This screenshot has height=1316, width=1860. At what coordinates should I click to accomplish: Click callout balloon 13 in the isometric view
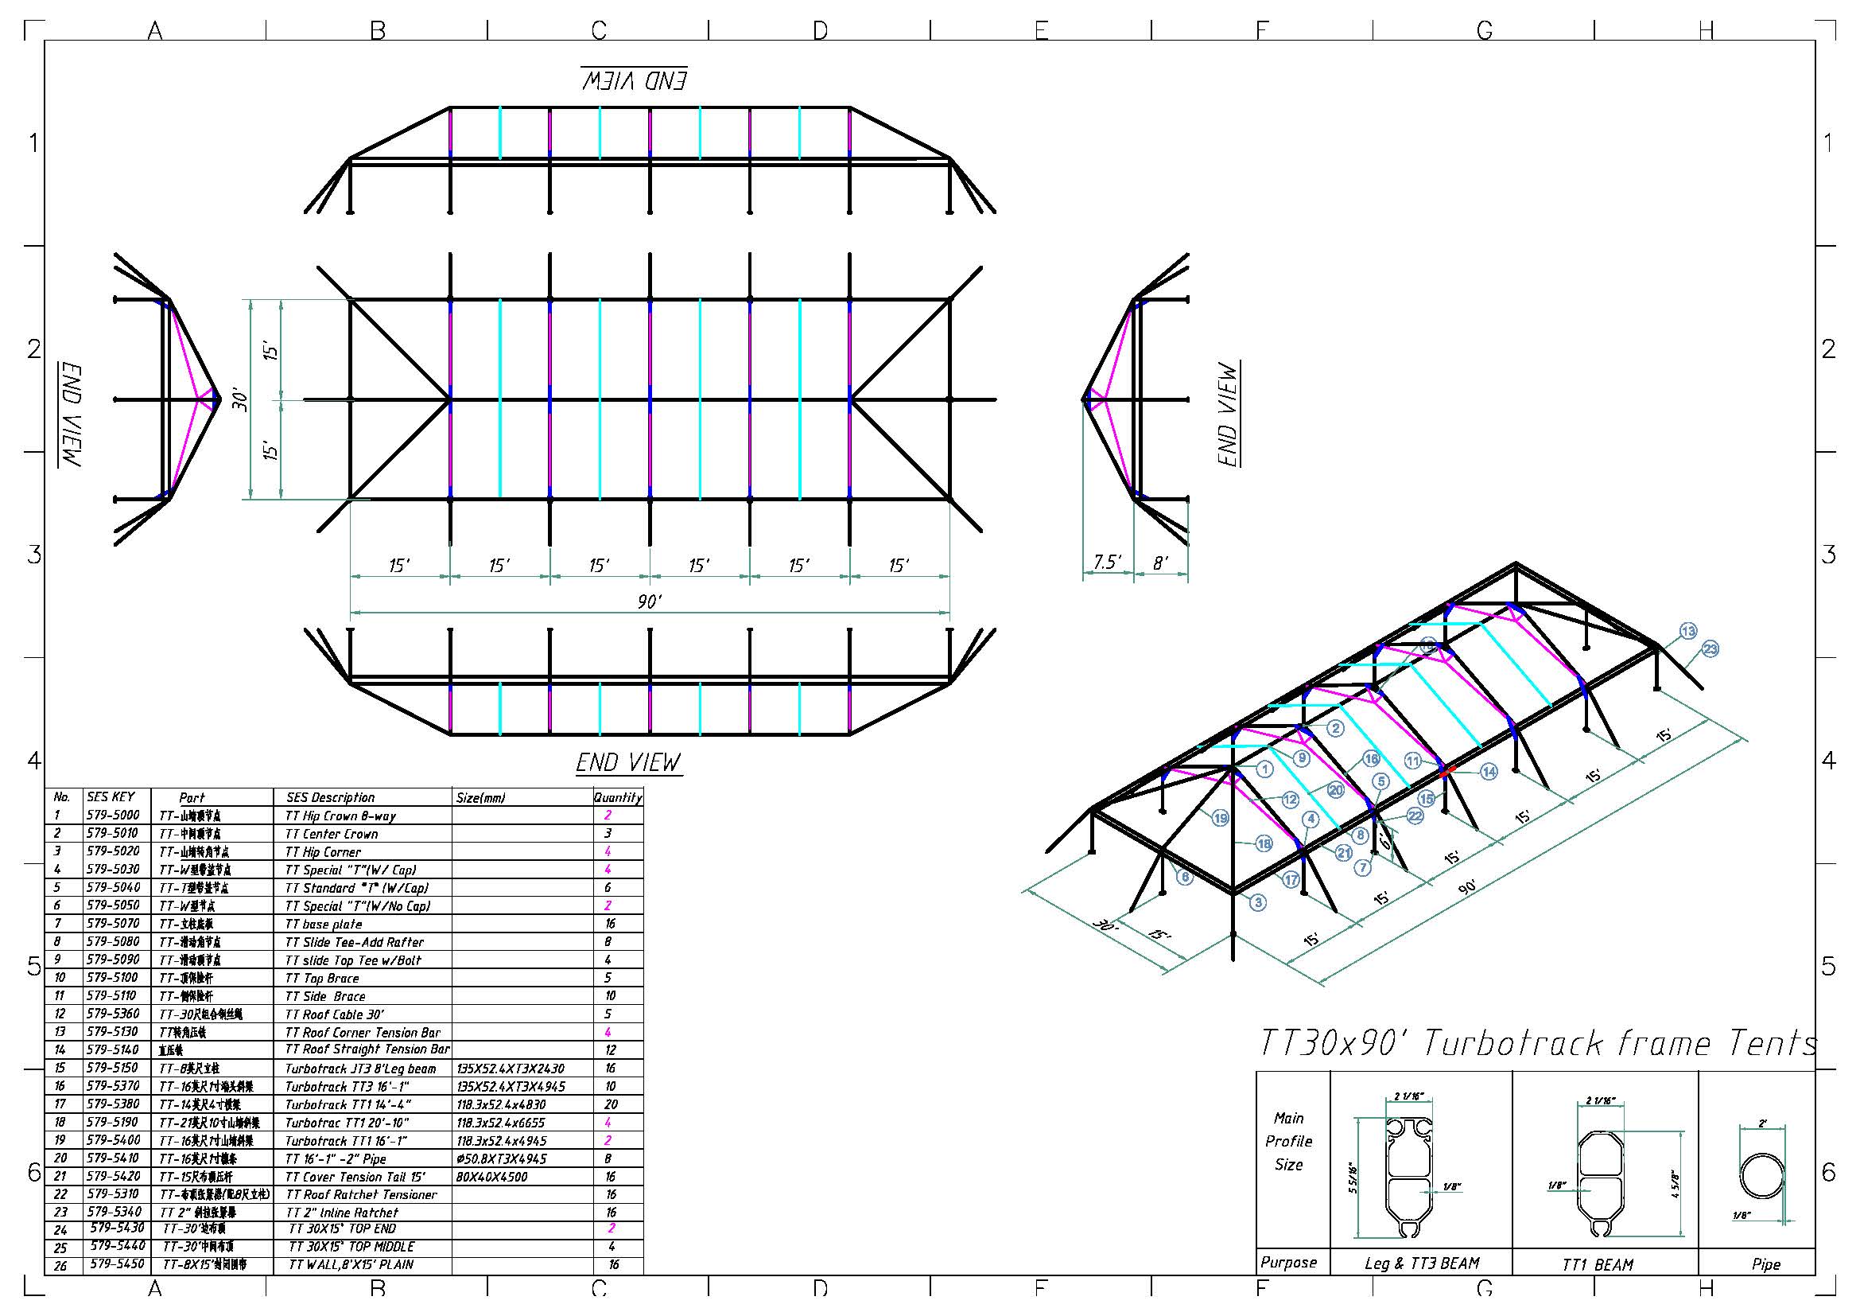click(1687, 631)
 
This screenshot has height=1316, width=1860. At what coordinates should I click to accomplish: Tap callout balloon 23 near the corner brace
click(1710, 648)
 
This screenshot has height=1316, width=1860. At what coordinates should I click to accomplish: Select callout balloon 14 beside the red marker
click(1489, 772)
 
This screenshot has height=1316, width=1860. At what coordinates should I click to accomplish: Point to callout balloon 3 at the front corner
click(1257, 902)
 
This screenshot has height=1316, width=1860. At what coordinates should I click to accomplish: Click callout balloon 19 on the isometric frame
click(1220, 819)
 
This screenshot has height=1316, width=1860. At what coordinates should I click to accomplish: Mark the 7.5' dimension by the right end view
click(1107, 562)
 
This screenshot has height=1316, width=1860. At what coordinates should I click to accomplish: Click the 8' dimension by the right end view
click(1160, 563)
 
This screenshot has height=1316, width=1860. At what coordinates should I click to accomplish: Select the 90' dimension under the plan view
click(649, 602)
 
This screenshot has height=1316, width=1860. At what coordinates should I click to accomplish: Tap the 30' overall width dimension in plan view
click(241, 399)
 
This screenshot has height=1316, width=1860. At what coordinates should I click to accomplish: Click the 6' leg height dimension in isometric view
click(1384, 843)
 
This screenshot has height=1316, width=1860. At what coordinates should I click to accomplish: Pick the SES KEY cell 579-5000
click(113, 816)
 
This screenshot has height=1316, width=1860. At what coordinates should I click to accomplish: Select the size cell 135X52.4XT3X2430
click(511, 1069)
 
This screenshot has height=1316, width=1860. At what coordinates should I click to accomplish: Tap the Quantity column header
click(617, 797)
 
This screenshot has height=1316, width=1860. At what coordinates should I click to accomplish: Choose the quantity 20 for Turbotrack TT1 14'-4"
click(610, 1104)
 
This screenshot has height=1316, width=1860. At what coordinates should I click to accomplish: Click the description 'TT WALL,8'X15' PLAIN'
click(351, 1264)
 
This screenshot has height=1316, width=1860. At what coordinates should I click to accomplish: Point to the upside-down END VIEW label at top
click(634, 80)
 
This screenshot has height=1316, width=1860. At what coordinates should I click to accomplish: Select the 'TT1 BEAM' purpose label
click(1598, 1264)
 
